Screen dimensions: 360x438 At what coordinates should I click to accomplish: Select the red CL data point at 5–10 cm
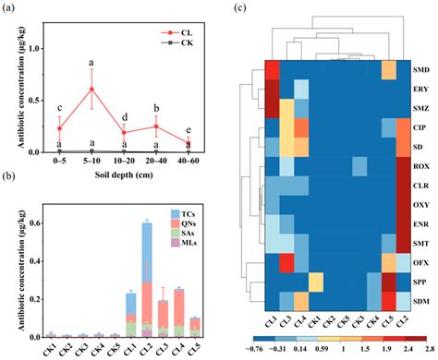(91, 89)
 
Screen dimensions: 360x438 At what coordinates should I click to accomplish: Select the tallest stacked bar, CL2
(146, 277)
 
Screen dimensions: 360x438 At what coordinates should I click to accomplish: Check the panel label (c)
(239, 8)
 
